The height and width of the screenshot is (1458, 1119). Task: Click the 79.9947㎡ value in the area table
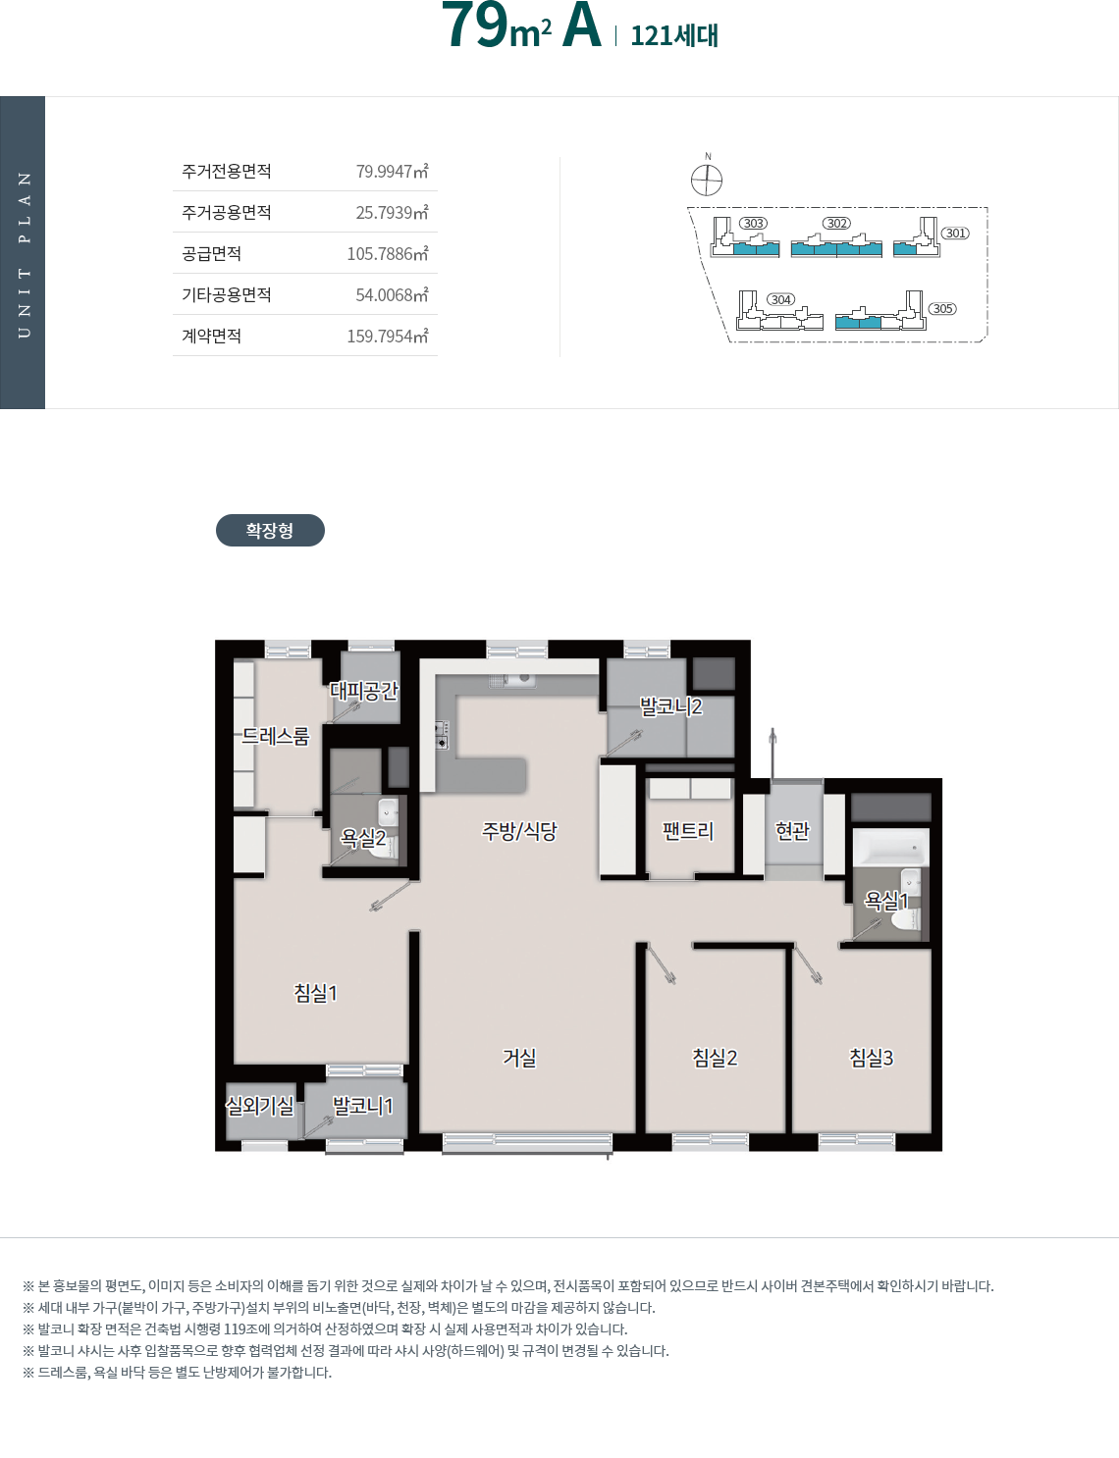[x=392, y=171]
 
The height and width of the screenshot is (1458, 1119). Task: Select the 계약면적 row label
[x=211, y=336]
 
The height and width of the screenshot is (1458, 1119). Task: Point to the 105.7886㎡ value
[x=388, y=253]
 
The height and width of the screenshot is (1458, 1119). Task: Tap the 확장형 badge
[x=270, y=530]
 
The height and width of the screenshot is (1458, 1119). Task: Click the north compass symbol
[x=707, y=180]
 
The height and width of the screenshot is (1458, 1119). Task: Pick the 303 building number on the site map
[x=753, y=223]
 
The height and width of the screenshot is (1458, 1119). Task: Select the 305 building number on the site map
[x=942, y=309]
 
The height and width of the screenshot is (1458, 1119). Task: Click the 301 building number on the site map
[x=955, y=233]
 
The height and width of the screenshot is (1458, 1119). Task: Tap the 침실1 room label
[x=315, y=992]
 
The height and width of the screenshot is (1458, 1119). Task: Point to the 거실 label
[x=519, y=1058]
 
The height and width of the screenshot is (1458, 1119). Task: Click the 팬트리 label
[x=688, y=831]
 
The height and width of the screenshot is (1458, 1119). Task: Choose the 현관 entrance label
[x=793, y=831]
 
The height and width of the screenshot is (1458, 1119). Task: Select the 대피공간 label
[x=364, y=691]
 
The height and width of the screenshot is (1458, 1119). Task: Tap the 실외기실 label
[x=259, y=1106]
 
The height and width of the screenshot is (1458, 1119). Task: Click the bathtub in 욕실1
[x=891, y=848]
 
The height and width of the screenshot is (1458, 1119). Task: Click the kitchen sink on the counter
[x=512, y=680]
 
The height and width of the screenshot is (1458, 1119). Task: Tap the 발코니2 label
[x=670, y=705]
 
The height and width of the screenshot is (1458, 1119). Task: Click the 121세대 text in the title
[x=674, y=35]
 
